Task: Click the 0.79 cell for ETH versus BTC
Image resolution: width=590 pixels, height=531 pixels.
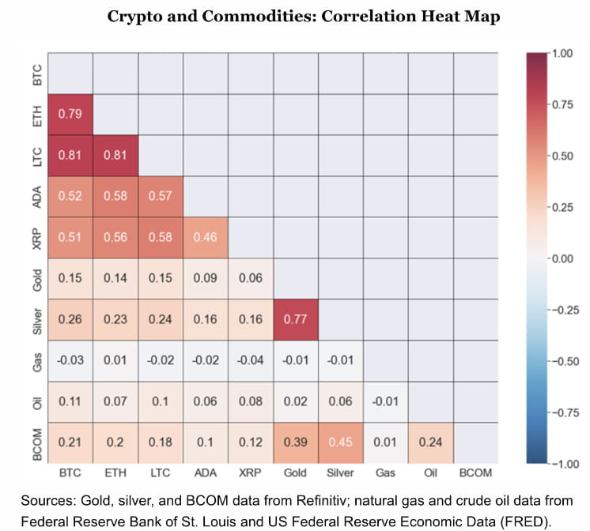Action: click(70, 115)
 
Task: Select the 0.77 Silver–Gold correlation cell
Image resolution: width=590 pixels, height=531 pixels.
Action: click(296, 320)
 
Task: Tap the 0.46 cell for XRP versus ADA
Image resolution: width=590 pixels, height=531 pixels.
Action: click(206, 238)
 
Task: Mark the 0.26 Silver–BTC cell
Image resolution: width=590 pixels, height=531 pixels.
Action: click(70, 320)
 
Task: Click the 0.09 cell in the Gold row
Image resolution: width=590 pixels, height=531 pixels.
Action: click(206, 279)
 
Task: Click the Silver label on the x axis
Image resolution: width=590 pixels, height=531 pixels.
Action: click(341, 473)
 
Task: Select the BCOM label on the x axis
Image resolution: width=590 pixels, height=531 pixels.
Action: click(476, 473)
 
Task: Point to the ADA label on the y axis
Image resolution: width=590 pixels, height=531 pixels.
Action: click(34, 197)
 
